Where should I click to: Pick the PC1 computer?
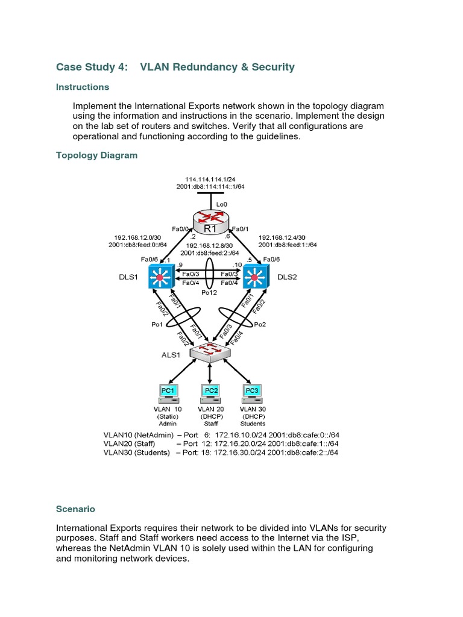[x=168, y=394]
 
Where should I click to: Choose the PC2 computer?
[x=210, y=394]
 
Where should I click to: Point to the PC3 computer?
[x=252, y=394]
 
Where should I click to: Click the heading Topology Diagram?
[x=96, y=155]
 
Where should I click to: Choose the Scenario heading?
[x=75, y=509]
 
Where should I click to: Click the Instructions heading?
[x=83, y=87]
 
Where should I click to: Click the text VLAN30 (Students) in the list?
[x=136, y=453]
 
